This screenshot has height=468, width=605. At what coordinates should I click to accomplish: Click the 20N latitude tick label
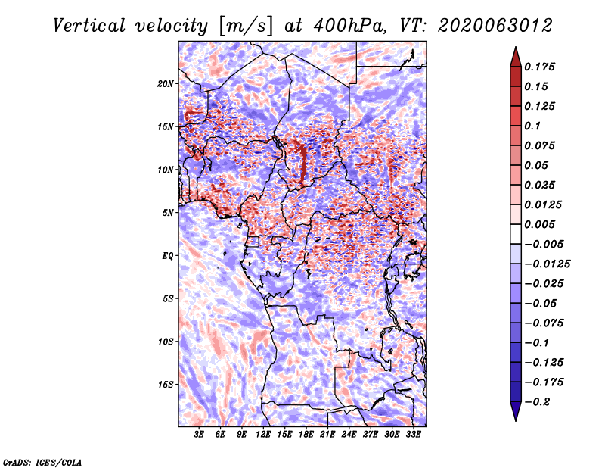pyautogui.click(x=165, y=84)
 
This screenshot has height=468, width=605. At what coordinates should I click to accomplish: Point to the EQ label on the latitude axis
pyautogui.click(x=167, y=256)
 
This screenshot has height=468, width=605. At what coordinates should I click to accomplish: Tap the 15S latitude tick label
pyautogui.click(x=165, y=385)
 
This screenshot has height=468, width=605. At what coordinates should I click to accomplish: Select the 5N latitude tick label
pyautogui.click(x=167, y=213)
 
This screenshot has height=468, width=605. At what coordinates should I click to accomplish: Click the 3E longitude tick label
pyautogui.click(x=199, y=435)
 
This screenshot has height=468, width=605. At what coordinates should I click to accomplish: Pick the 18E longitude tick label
pyautogui.click(x=306, y=435)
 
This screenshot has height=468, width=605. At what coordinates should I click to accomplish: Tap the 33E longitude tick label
pyautogui.click(x=413, y=435)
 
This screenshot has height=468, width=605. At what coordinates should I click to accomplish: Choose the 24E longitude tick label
pyautogui.click(x=349, y=435)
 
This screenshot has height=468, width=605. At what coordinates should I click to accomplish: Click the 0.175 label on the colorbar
pyautogui.click(x=540, y=67)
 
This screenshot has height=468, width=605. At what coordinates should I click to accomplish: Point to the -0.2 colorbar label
pyautogui.click(x=538, y=402)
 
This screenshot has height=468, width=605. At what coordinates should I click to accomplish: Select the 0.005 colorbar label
pyautogui.click(x=540, y=224)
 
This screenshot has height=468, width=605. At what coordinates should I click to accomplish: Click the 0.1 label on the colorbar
pyautogui.click(x=532, y=126)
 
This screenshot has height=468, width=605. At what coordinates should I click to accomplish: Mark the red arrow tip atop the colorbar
pyautogui.click(x=516, y=48)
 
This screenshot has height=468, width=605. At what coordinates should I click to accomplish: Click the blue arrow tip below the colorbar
pyautogui.click(x=516, y=420)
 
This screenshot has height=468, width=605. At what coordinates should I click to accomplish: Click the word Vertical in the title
pyautogui.click(x=89, y=26)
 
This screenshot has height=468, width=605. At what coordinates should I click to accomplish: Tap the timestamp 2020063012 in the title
pyautogui.click(x=495, y=26)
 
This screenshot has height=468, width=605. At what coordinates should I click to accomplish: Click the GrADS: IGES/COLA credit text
pyautogui.click(x=42, y=462)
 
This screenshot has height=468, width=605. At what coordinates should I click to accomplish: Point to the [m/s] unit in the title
pyautogui.click(x=246, y=26)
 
